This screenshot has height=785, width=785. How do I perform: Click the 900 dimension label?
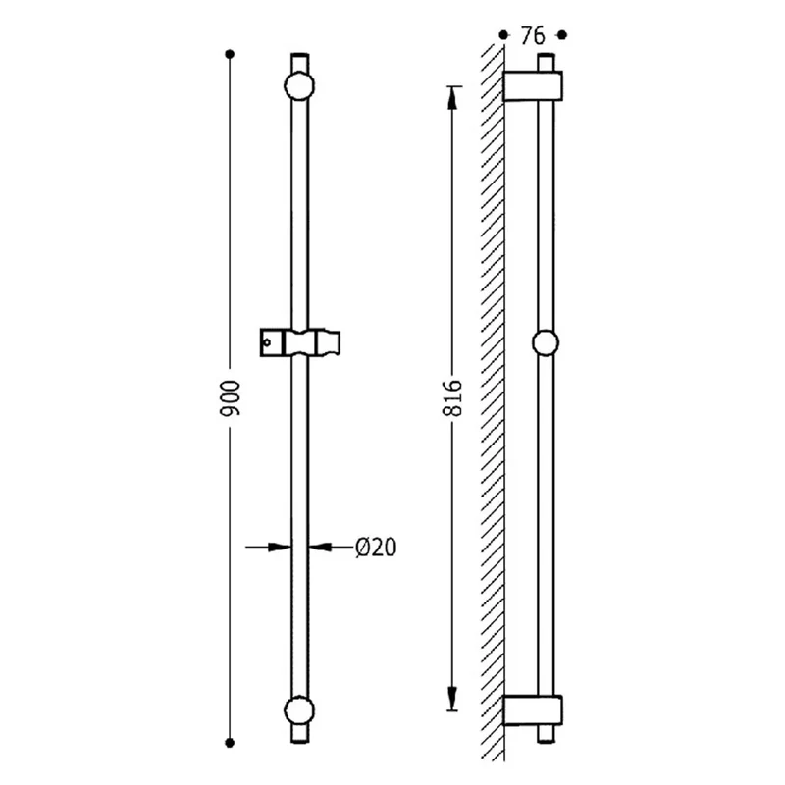click(231, 398)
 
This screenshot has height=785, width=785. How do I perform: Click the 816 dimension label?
click(452, 398)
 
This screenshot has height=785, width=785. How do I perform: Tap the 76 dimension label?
click(533, 36)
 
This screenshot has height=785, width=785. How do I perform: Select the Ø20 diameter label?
click(376, 548)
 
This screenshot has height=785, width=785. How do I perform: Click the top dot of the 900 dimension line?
click(230, 54)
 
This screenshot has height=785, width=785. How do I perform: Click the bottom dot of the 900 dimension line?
click(230, 743)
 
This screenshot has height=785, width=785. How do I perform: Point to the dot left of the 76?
click(503, 35)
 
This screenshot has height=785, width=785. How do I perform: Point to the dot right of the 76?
click(562, 35)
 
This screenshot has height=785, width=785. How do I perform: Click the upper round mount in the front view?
click(299, 86)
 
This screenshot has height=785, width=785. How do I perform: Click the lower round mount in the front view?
click(299, 710)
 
